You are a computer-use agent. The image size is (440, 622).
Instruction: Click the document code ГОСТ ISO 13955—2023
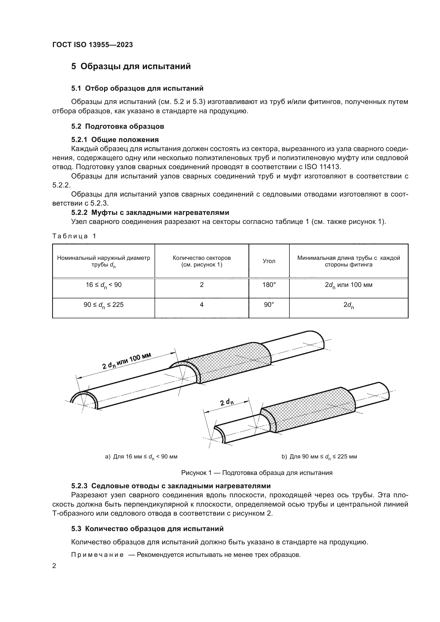(92, 45)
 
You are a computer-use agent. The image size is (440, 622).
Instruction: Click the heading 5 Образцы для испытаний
(131, 66)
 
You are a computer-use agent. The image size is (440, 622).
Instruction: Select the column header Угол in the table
(269, 261)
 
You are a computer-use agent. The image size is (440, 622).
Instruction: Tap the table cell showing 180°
(269, 285)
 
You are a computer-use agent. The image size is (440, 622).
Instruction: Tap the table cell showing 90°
(269, 305)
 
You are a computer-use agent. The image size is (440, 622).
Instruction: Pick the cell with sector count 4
(202, 305)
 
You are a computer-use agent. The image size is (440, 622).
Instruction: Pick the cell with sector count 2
(202, 285)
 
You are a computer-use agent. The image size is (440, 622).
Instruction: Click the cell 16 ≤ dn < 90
(103, 285)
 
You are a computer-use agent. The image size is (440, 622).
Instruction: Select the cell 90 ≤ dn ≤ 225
(103, 305)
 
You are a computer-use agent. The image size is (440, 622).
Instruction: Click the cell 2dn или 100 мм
(348, 285)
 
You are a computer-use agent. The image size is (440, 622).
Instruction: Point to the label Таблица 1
(74, 236)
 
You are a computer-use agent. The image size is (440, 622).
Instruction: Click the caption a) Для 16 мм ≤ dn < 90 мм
(141, 457)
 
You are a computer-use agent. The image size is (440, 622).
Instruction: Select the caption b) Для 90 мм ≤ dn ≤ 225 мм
(319, 457)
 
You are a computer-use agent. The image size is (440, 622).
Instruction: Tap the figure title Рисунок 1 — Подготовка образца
(256, 473)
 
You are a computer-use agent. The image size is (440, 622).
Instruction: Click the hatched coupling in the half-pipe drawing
(233, 363)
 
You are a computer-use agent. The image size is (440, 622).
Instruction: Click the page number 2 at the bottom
(54, 566)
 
